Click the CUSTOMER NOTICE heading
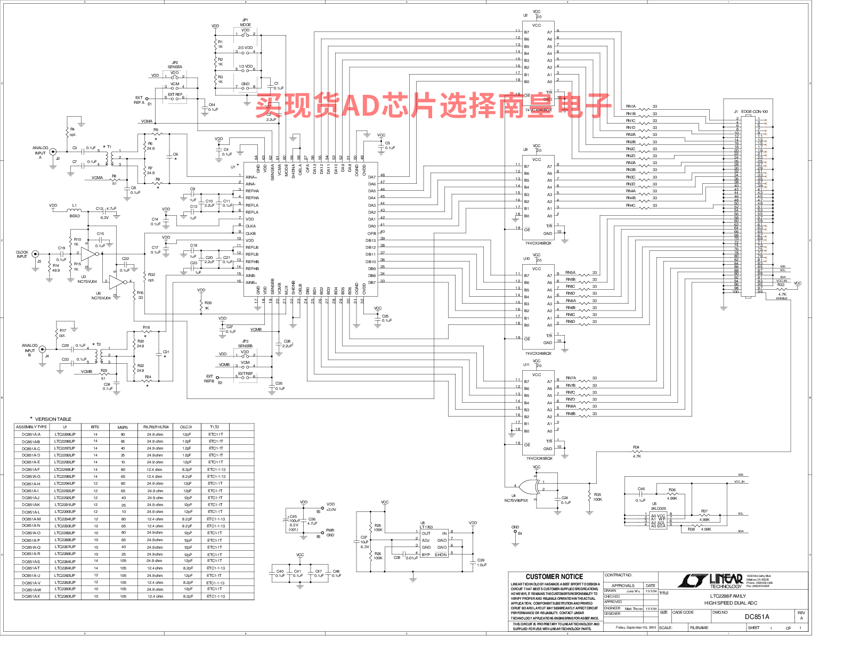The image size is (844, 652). pyautogui.click(x=554, y=576)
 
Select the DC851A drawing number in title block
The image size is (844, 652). pyautogui.click(x=757, y=617)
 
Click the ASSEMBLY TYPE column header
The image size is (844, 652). pyautogui.click(x=31, y=427)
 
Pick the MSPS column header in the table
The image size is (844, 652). pyautogui.click(x=123, y=427)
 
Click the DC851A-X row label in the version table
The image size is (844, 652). pyautogui.click(x=31, y=597)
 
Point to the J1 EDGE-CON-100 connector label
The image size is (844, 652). pyautogui.click(x=751, y=112)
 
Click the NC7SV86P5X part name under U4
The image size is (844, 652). pyautogui.click(x=516, y=501)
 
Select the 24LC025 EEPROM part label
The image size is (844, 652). pyautogui.click(x=659, y=509)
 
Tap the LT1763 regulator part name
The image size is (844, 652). pyautogui.click(x=426, y=527)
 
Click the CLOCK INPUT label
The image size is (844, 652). pyautogui.click(x=22, y=255)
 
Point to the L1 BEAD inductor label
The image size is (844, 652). pyautogui.click(x=75, y=210)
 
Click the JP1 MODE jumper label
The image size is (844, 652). pyautogui.click(x=245, y=22)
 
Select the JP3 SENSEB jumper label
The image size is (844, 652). pyautogui.click(x=245, y=344)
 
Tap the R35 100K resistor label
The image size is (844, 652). pyautogui.click(x=598, y=497)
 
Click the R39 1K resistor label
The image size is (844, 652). pyautogui.click(x=208, y=305)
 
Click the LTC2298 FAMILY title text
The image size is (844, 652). pyautogui.click(x=728, y=596)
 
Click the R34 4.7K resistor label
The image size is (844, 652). pyautogui.click(x=637, y=452)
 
